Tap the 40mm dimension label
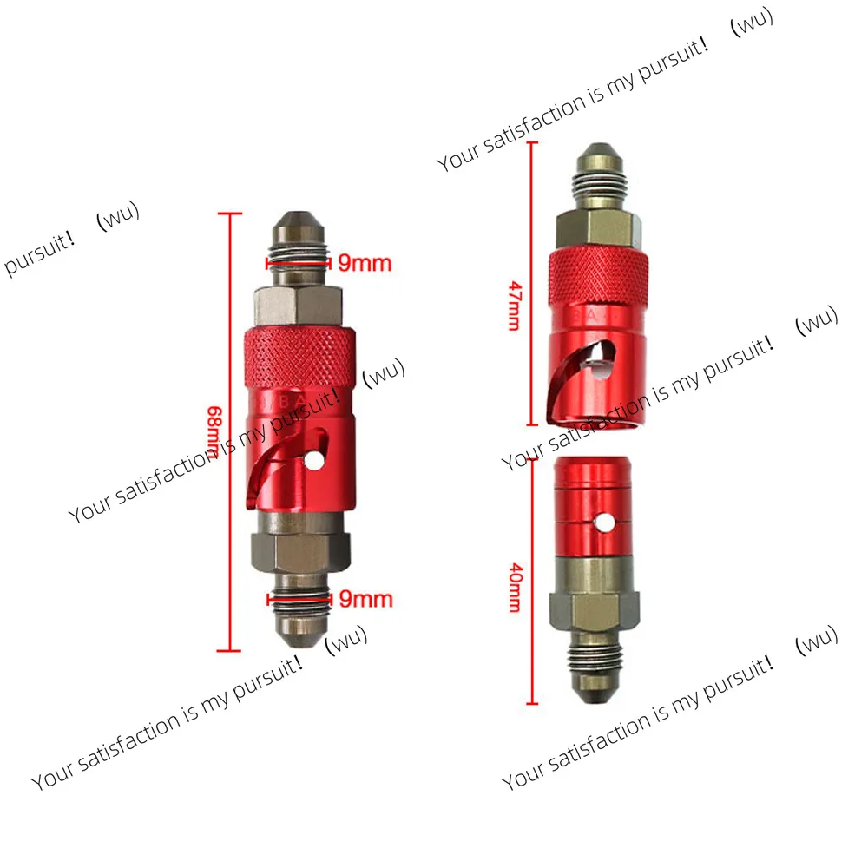tap(516, 588)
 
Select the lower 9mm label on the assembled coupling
tap(365, 599)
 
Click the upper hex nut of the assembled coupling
tap(297, 306)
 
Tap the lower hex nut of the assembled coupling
tap(299, 552)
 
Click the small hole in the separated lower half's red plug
tap(602, 524)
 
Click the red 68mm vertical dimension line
tap(230, 521)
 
